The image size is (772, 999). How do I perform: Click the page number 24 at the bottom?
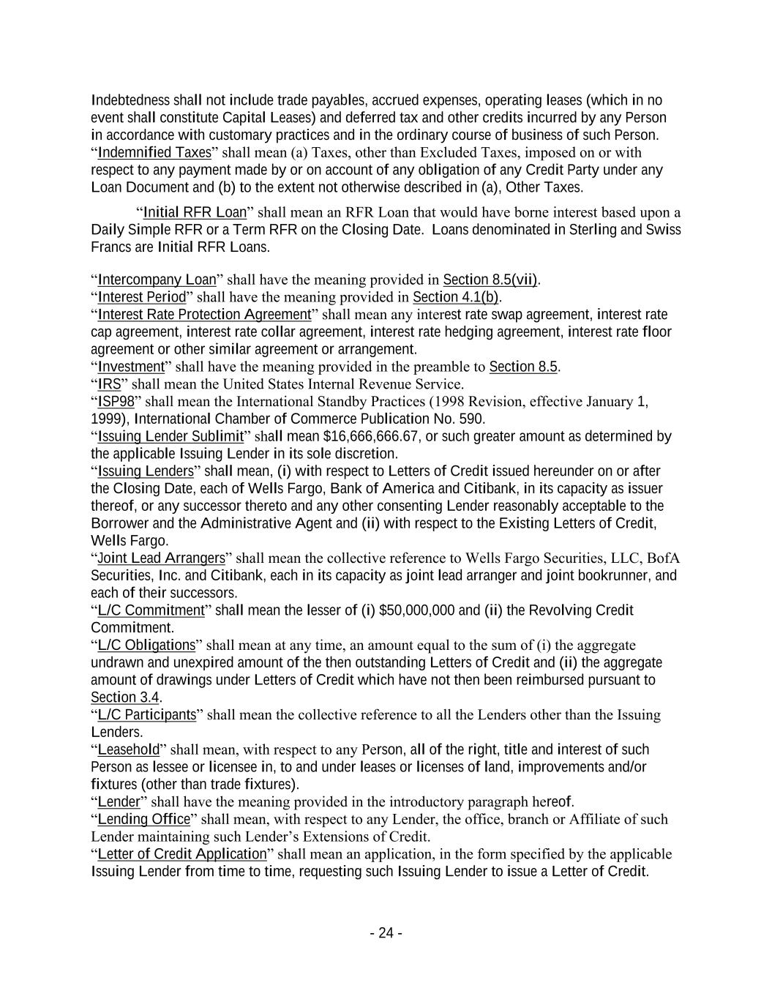386,933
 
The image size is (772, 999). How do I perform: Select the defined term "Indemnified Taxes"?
154,153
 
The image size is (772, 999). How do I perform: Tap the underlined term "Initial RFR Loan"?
195,213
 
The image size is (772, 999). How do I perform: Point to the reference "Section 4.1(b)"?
456,297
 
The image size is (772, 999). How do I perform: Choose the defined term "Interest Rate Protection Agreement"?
204,315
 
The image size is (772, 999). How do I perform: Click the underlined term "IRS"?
109,384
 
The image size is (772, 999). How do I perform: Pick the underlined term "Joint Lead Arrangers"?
161,558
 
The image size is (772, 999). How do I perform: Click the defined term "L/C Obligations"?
146,646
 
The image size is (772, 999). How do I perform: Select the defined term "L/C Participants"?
147,715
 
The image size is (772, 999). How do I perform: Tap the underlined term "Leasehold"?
129,749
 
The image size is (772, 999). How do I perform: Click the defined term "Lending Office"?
143,819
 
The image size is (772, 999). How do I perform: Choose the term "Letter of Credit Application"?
182,854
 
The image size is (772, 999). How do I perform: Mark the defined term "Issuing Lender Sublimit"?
170,437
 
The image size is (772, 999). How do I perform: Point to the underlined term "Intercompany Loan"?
157,280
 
